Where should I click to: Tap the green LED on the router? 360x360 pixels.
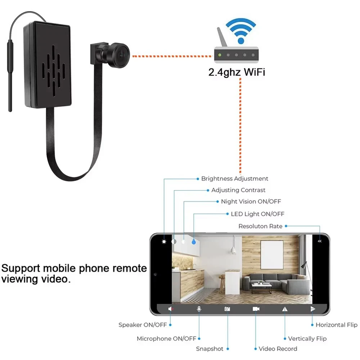click(219, 55)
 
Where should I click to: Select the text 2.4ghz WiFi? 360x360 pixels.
click(237, 72)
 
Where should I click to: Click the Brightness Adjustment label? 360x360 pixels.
click(234, 179)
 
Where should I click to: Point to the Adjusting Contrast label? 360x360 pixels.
click(238, 190)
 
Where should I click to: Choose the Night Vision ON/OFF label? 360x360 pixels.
click(251, 202)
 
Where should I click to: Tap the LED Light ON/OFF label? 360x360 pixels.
click(257, 214)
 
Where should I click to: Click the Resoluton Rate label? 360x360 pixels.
click(260, 226)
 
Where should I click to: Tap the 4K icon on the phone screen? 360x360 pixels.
click(319, 242)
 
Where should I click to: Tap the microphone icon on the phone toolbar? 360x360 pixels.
click(199, 309)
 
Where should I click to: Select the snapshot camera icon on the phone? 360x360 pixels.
click(227, 309)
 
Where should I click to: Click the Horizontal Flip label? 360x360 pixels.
click(336, 325)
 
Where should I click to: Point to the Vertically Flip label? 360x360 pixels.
click(307, 338)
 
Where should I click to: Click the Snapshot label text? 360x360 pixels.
click(210, 349)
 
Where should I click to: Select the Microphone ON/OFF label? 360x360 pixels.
click(166, 338)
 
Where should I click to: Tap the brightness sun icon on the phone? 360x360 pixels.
click(164, 242)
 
